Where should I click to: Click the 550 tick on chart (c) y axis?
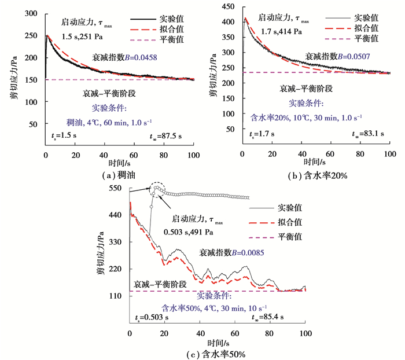pyautogui.click(x=116, y=189)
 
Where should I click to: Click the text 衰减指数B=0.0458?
pyautogui.click(x=135, y=58)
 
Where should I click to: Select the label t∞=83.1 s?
pyautogui.click(x=369, y=135)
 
